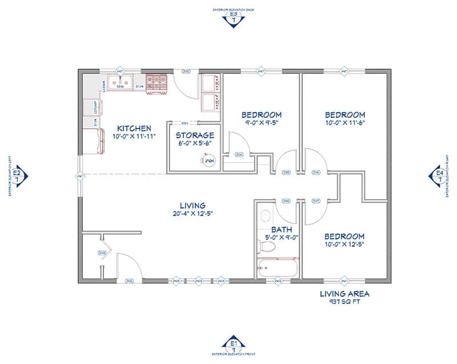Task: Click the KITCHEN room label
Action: tap(134, 128)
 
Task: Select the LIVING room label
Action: tap(192, 205)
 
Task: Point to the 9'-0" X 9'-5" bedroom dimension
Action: tap(260, 122)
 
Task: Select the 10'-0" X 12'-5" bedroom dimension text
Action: tap(344, 244)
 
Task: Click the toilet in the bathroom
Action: tap(266, 247)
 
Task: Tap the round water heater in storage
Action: tap(209, 162)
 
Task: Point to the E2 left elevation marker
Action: tap(17, 175)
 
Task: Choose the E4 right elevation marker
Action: tap(439, 175)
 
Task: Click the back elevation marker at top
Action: tap(233, 19)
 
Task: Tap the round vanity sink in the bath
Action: tap(265, 216)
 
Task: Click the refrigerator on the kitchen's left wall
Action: tap(94, 141)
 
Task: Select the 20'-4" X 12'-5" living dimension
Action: tap(192, 214)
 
